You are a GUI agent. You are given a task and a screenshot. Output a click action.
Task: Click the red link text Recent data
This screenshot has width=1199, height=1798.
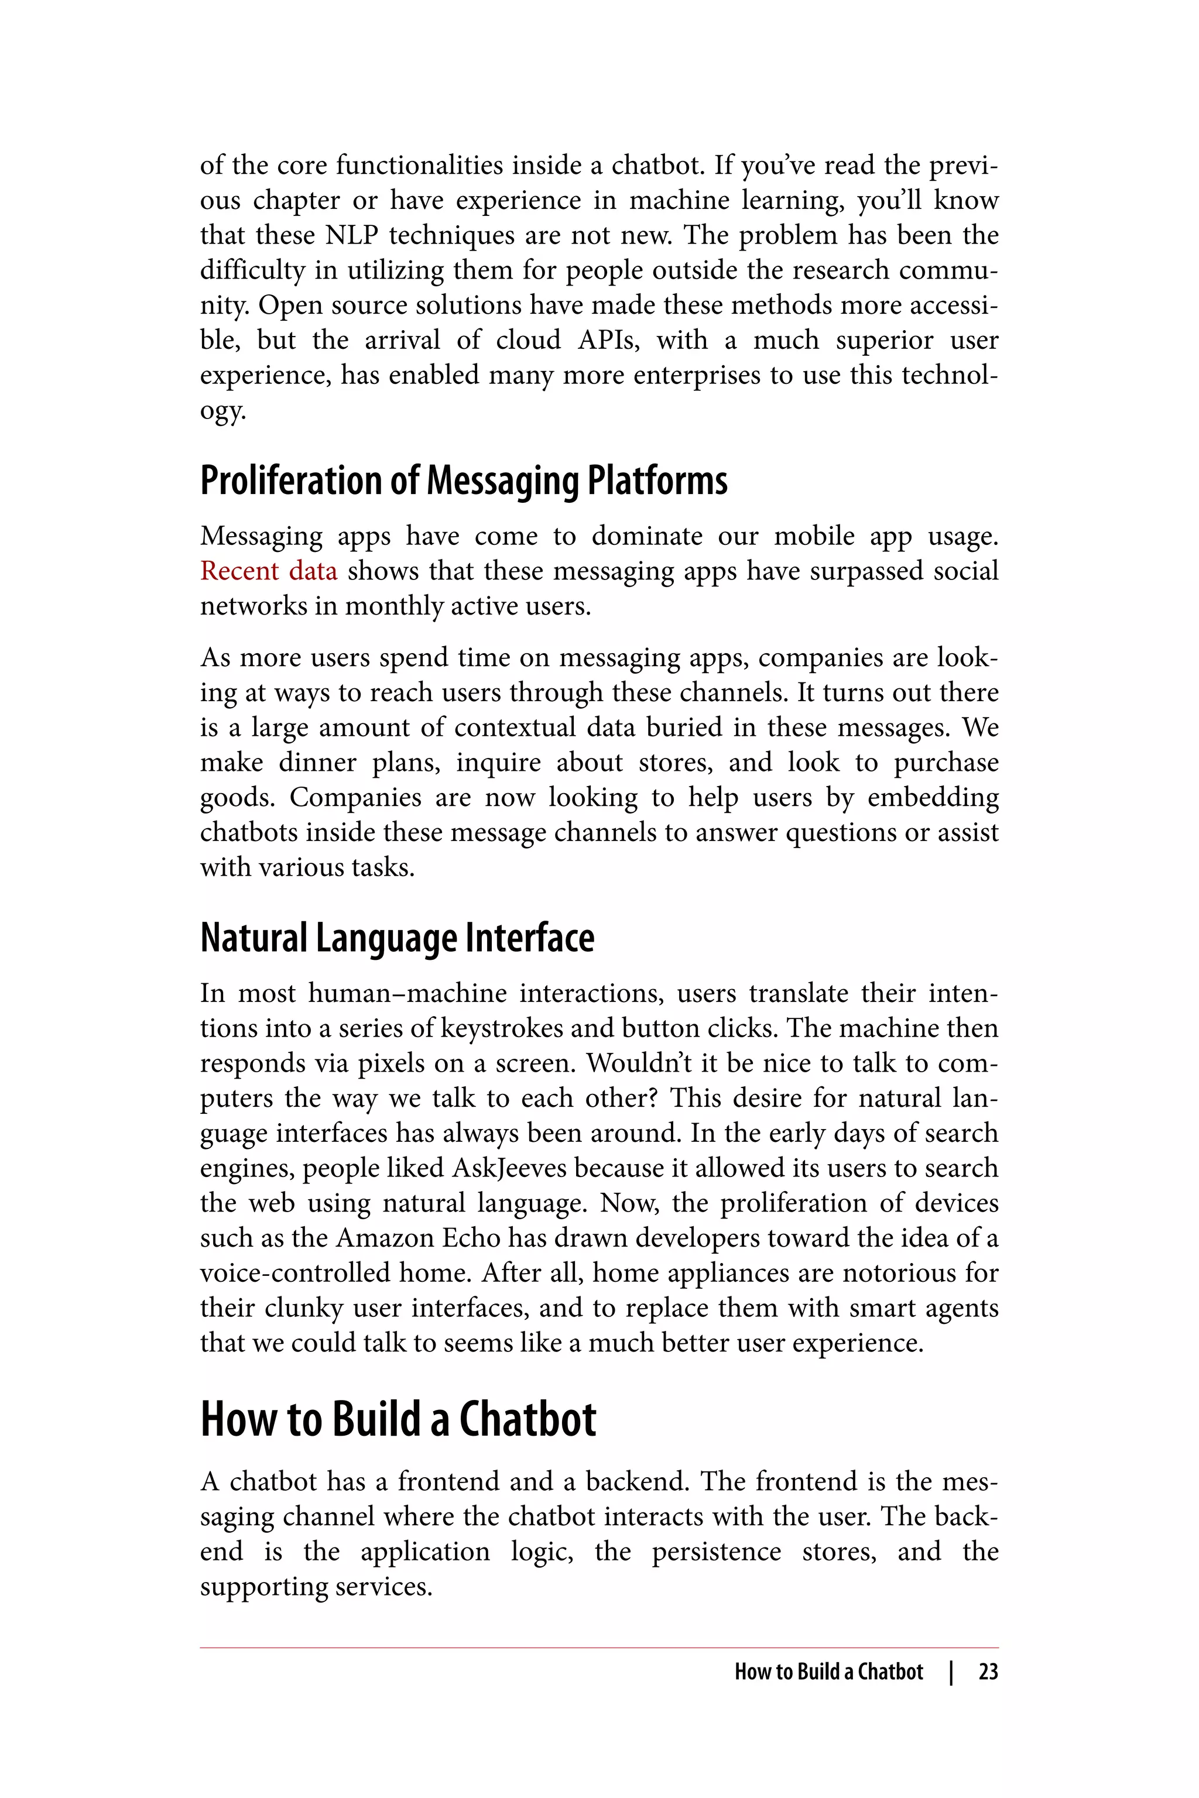(x=268, y=571)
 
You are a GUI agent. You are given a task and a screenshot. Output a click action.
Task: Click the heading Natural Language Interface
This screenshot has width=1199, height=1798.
(x=397, y=938)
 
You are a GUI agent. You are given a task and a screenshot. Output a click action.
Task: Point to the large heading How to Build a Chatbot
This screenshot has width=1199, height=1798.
(x=398, y=1419)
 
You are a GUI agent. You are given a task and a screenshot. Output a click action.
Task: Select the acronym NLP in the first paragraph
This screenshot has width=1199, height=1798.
(x=352, y=235)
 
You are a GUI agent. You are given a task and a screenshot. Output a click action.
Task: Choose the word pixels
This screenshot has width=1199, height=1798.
(x=392, y=1063)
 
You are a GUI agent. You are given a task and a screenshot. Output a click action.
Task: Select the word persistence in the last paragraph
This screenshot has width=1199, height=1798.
(x=717, y=1552)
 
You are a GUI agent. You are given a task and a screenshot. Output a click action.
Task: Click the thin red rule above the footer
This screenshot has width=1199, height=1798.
(x=599, y=1648)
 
